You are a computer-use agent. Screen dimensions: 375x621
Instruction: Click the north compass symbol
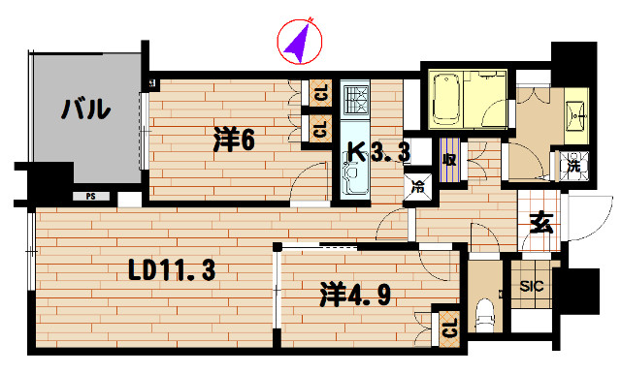pyautogui.click(x=299, y=42)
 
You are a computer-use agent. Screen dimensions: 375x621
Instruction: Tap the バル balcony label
pyautogui.click(x=85, y=109)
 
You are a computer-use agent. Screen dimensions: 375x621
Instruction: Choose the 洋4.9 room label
pyautogui.click(x=355, y=295)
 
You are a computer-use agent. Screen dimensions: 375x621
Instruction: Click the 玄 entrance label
pyautogui.click(x=540, y=224)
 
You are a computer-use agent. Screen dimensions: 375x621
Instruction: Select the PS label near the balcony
pyautogui.click(x=91, y=196)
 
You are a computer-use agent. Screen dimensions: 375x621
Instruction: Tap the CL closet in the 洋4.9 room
pyautogui.click(x=448, y=327)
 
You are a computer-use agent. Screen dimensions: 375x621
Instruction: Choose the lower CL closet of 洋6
pyautogui.click(x=319, y=128)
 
